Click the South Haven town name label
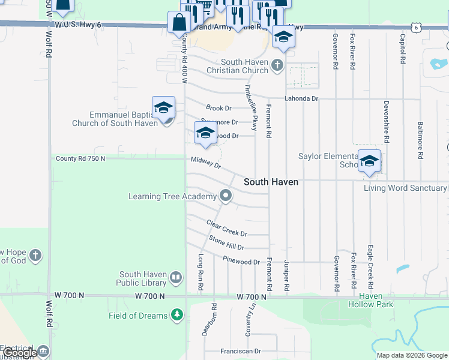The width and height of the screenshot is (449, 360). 271,182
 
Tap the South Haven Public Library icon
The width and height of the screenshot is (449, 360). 176,277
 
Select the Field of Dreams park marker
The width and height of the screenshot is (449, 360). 176,315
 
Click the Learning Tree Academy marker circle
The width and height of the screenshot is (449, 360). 226,196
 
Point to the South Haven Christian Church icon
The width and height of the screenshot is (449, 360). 277,65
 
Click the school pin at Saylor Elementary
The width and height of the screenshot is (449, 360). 370,161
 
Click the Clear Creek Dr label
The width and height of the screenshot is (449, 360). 226,228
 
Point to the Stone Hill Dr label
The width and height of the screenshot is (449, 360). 226,243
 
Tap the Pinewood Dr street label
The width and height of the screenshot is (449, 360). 241,262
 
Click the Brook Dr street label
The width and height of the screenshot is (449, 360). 218,108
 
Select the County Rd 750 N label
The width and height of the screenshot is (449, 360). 80,158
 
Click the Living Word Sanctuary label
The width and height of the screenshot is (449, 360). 405,188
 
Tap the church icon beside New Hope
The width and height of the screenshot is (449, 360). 35,256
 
